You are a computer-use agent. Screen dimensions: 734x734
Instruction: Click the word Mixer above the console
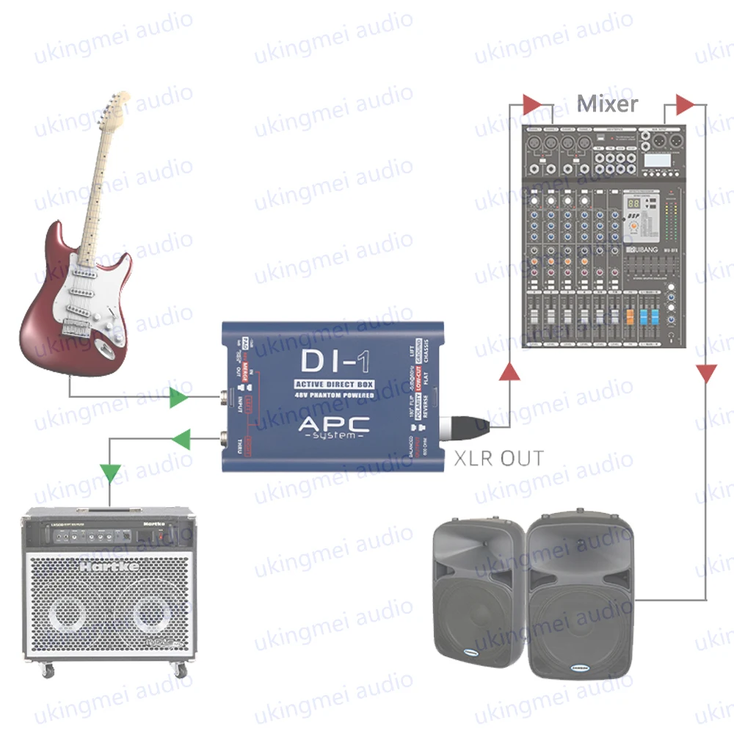click(x=607, y=103)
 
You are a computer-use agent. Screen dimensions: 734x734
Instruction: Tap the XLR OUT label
click(x=499, y=459)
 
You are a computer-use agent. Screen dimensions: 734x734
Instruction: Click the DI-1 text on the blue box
click(x=334, y=362)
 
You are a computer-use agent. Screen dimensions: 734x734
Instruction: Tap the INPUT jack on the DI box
click(x=222, y=401)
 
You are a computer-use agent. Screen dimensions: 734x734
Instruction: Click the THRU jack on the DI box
click(x=222, y=440)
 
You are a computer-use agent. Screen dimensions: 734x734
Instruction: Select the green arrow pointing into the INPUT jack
click(x=178, y=398)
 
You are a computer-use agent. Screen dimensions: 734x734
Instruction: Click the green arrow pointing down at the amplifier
click(x=111, y=473)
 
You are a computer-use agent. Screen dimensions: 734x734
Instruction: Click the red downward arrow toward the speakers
click(x=705, y=373)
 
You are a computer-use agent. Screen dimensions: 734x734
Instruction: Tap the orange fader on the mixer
click(x=629, y=318)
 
